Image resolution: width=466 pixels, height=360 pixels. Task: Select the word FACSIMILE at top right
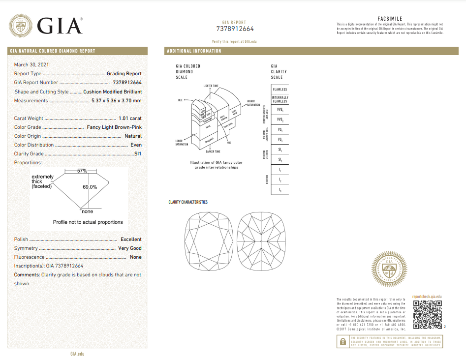click(x=390, y=19)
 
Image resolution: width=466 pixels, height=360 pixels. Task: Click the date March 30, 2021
click(x=31, y=64)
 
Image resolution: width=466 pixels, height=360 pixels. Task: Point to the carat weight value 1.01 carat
click(x=130, y=118)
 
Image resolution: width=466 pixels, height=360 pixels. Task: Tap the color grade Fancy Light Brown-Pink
click(x=114, y=127)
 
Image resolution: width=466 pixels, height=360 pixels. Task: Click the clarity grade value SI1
click(x=138, y=153)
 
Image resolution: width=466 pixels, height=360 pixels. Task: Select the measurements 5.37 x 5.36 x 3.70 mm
click(x=117, y=100)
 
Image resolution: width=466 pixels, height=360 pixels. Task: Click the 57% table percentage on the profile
click(x=82, y=171)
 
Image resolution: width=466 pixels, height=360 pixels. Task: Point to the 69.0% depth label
click(x=90, y=187)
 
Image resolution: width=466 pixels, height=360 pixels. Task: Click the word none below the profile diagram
click(x=87, y=211)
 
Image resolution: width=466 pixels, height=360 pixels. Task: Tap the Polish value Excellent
click(x=131, y=239)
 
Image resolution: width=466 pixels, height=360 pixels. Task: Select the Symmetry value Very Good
click(x=130, y=248)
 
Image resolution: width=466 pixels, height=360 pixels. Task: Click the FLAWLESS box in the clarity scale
click(x=280, y=89)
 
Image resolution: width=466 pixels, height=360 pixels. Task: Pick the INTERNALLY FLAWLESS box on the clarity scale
click(x=280, y=99)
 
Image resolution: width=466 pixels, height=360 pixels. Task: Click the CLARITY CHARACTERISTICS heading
click(x=188, y=202)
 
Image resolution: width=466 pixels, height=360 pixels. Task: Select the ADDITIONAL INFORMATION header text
click(x=194, y=51)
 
